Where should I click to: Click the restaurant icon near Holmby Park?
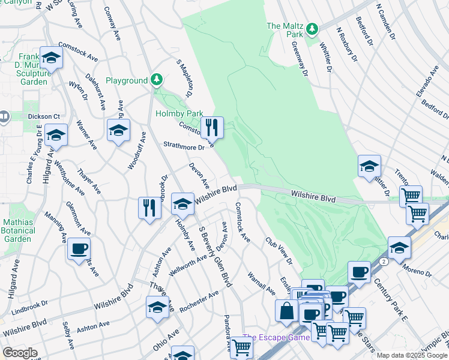click(212, 127)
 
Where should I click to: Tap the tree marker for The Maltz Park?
click(312, 29)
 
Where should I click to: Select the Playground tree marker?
click(156, 79)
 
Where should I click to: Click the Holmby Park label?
click(179, 113)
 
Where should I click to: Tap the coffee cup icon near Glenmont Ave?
click(78, 248)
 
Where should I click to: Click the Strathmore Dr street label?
click(184, 145)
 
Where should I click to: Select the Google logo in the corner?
click(20, 353)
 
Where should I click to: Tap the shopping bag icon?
click(287, 311)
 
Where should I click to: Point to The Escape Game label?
click(276, 338)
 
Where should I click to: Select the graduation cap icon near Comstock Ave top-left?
click(51, 58)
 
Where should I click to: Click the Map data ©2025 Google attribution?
click(411, 355)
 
